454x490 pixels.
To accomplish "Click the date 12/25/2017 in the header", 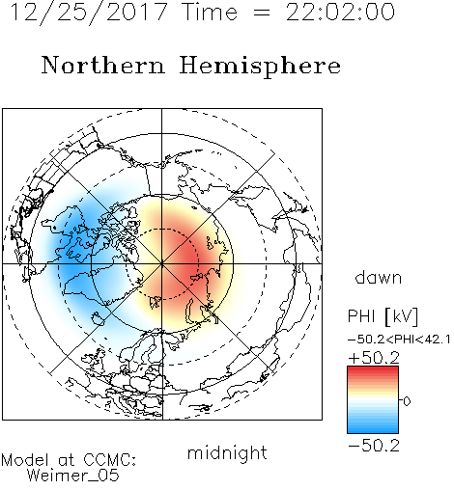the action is (x=89, y=13).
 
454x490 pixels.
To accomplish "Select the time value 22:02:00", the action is (x=340, y=12).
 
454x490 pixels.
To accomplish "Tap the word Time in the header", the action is (x=210, y=12).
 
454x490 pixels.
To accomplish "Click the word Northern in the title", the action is (x=103, y=65).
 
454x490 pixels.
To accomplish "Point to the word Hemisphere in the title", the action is (x=260, y=67).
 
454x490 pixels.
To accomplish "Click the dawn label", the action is (x=379, y=278).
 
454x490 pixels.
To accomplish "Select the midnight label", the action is (x=227, y=452).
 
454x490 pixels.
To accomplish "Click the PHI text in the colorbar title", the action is (x=361, y=316).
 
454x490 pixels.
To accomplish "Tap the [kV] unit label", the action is (x=402, y=316).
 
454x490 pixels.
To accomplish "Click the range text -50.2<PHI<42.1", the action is (x=399, y=340).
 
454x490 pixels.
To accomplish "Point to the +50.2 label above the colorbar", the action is (x=374, y=358).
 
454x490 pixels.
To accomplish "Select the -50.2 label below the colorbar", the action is (x=374, y=446).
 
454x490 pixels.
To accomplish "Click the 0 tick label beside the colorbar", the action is (x=407, y=401).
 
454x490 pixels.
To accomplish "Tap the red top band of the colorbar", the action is (x=373, y=370).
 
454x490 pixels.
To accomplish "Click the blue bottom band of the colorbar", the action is (x=373, y=428).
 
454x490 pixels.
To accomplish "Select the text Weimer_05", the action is (x=73, y=476).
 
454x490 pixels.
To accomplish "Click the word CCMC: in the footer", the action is (x=110, y=460).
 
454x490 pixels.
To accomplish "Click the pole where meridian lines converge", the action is (x=162, y=264).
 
